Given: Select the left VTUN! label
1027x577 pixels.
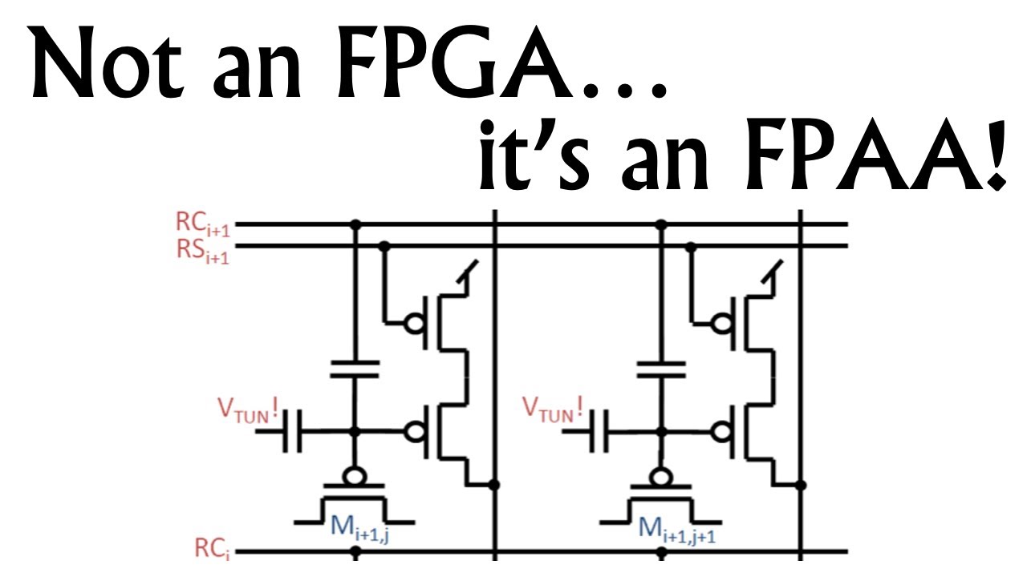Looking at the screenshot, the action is (x=248, y=409).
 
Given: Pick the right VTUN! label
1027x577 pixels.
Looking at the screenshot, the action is (x=554, y=409).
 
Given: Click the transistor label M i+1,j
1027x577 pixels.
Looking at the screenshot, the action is (x=359, y=528).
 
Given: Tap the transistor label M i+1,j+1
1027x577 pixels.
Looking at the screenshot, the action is (x=676, y=528).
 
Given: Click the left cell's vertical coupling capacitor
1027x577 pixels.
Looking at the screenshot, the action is (x=355, y=369).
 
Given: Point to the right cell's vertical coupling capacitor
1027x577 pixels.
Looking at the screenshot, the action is (x=661, y=369).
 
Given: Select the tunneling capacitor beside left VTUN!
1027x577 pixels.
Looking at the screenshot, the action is (x=292, y=431).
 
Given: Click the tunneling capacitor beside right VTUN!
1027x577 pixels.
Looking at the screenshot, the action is (x=599, y=431).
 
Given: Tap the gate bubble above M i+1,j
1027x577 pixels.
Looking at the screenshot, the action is (x=355, y=476).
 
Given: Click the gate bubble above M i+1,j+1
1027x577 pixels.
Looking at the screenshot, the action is (x=660, y=476).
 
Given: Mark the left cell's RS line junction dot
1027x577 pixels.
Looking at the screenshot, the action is (x=384, y=247).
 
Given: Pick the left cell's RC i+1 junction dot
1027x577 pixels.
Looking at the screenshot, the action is (x=355, y=224).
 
